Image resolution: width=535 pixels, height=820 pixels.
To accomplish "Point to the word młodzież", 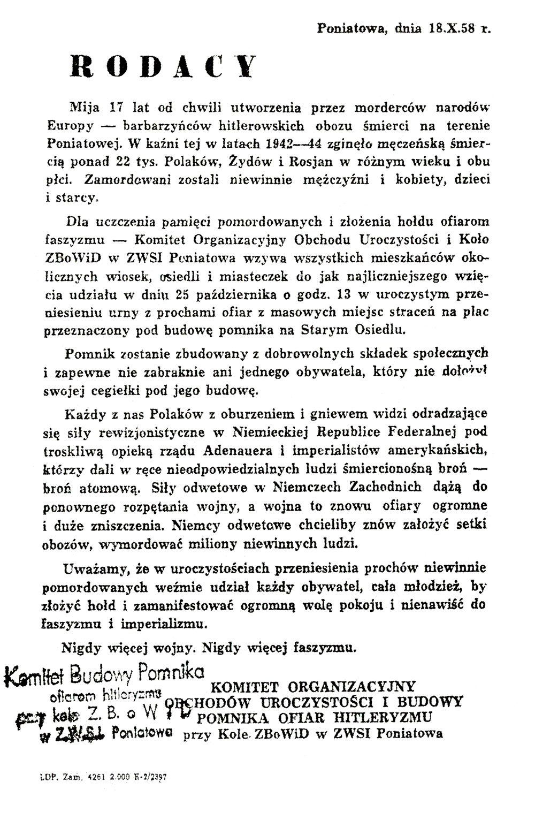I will (x=431, y=586).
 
